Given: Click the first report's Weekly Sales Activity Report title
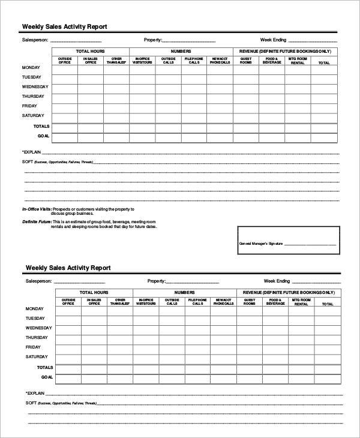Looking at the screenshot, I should point(65,26).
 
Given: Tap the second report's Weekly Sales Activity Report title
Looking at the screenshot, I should point(68,268).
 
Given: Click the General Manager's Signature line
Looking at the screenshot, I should point(309,244).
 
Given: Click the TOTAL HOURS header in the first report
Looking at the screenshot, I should point(91,52).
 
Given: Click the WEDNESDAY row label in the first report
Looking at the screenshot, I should point(35,87).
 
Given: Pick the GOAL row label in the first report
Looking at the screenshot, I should point(43,136).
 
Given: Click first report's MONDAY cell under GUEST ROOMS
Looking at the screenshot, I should point(247,68).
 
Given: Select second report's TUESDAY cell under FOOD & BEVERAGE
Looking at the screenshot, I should point(275,319).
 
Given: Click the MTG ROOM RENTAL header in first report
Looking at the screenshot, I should point(298,61).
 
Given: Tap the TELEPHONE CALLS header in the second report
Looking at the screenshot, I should point(197,302).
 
